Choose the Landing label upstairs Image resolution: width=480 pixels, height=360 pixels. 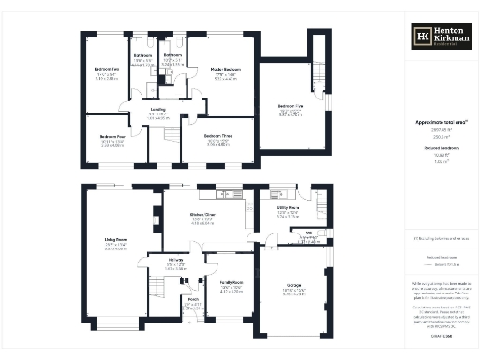[x=158, y=110]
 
